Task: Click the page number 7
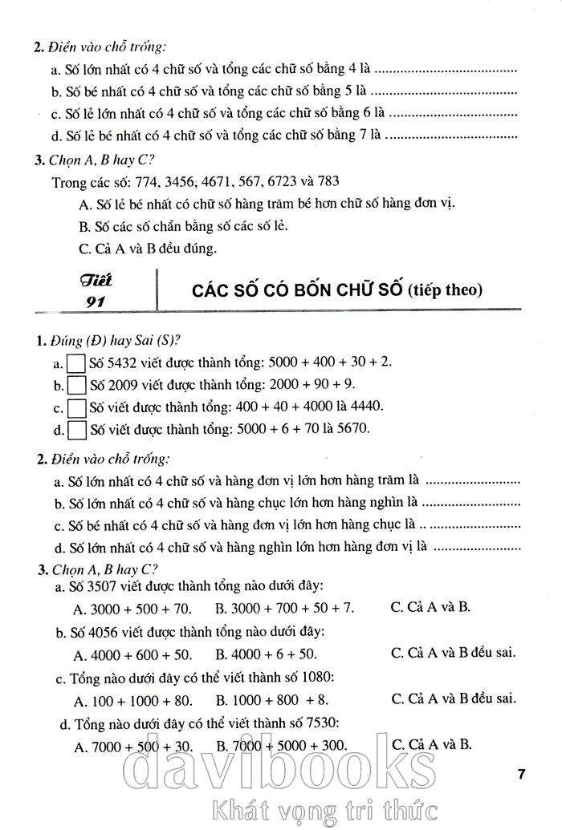(521, 774)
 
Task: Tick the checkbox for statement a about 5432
(77, 363)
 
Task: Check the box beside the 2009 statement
(77, 386)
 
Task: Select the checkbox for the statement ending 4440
(77, 407)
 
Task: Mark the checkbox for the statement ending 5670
(77, 430)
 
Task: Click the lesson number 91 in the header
(95, 302)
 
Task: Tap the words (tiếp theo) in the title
(445, 290)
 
